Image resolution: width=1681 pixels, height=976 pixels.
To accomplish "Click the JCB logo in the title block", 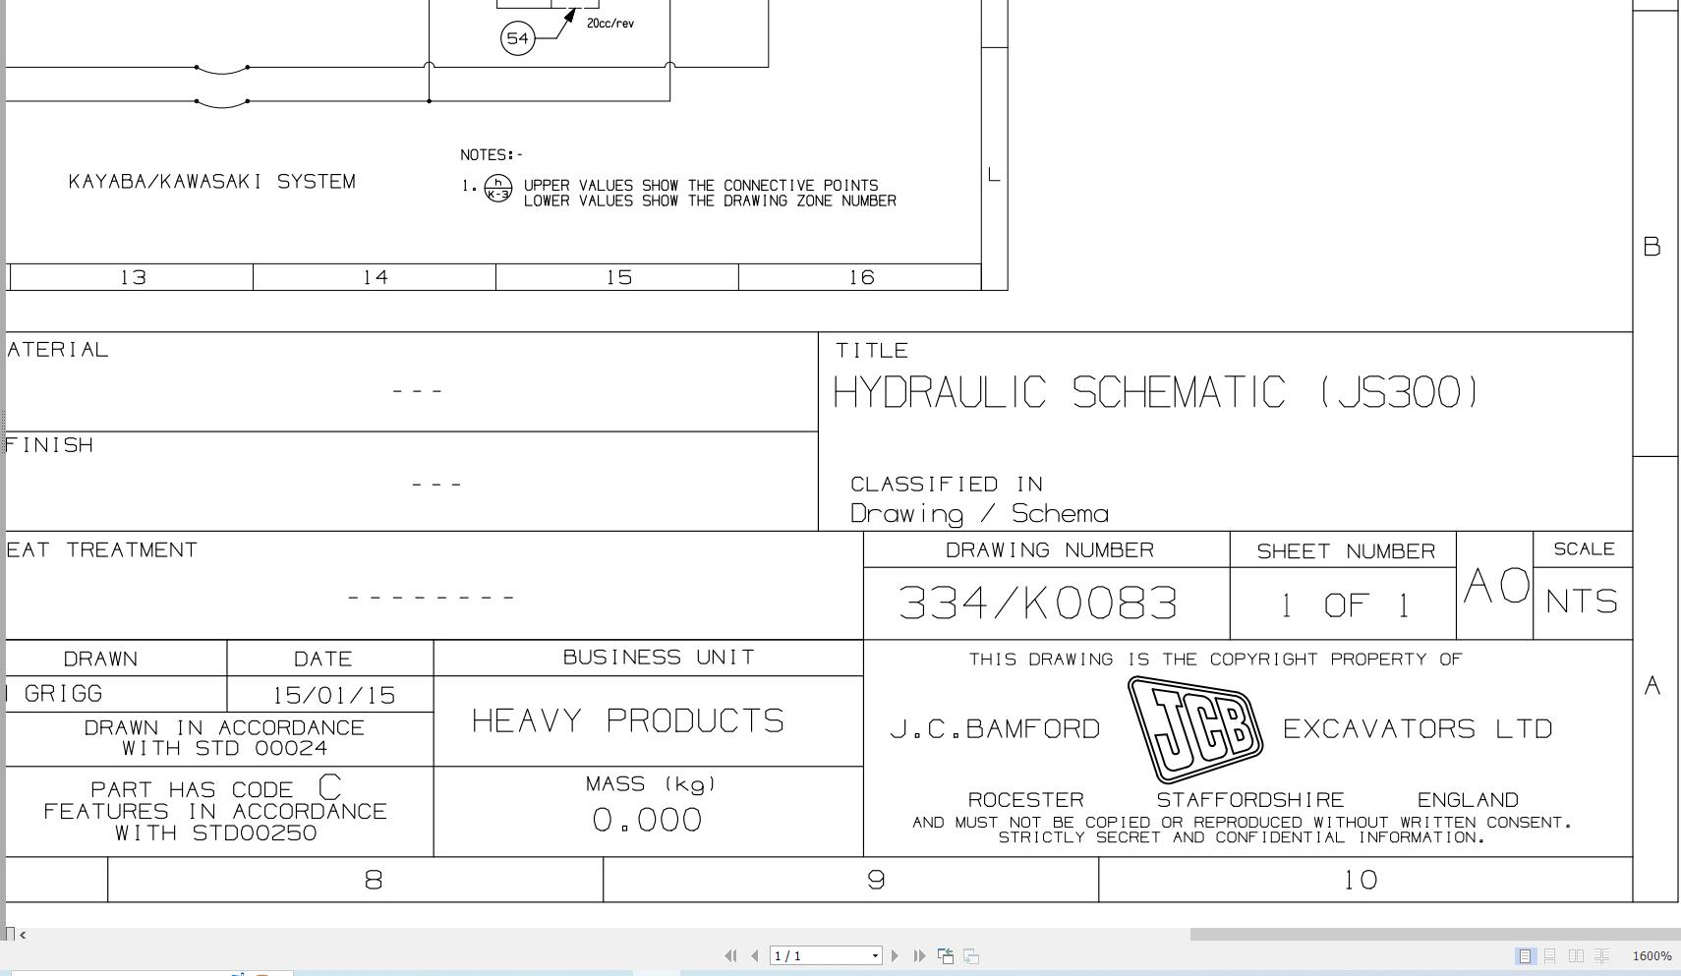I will click(x=1194, y=729).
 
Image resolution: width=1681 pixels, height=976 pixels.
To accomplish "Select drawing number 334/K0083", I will click(x=1037, y=603).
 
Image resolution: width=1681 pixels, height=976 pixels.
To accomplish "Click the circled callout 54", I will click(x=517, y=38).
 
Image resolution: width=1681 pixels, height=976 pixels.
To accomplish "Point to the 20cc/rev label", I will click(x=609, y=24).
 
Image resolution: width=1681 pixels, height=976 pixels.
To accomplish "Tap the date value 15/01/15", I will click(x=333, y=696).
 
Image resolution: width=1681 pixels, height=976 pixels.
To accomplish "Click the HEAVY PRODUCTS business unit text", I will click(x=627, y=721).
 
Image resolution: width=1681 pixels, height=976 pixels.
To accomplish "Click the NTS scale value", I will click(x=1581, y=602).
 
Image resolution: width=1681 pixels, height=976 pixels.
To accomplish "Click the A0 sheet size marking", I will click(x=1495, y=587).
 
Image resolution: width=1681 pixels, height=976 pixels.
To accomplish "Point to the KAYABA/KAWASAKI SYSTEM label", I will click(x=212, y=182).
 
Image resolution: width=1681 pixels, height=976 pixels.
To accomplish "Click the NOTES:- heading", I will click(x=492, y=155).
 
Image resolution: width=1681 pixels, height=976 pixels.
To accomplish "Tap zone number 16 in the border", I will click(x=861, y=278).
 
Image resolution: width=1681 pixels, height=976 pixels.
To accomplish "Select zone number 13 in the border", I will click(x=133, y=278).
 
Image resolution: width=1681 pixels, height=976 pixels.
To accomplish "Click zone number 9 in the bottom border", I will click(x=876, y=881).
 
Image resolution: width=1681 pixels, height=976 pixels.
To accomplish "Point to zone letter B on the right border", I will click(x=1652, y=247).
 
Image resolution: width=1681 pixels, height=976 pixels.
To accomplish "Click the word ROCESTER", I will click(x=1025, y=800).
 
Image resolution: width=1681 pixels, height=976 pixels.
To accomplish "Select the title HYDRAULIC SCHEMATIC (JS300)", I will click(x=1155, y=393).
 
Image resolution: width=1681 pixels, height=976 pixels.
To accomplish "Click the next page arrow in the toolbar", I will click(x=895, y=955).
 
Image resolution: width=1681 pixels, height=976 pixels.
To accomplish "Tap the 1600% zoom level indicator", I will click(x=1652, y=955).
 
